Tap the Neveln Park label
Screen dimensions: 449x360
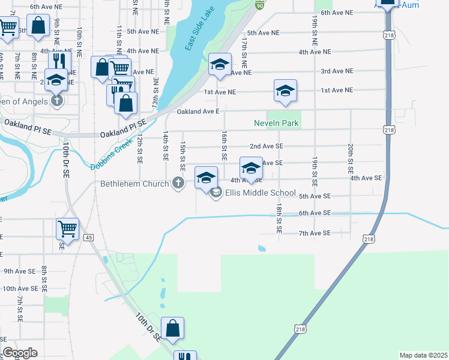[276, 123]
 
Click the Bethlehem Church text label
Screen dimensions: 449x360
[135, 183]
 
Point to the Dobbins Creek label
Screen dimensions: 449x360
[110, 157]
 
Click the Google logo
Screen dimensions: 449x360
[20, 352]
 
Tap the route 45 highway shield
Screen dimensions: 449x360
[89, 238]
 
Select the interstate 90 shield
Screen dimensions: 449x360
[259, 5]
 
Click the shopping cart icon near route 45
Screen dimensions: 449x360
[67, 228]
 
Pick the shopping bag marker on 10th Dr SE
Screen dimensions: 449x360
[172, 328]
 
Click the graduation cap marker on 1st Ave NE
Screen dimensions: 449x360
[285, 91]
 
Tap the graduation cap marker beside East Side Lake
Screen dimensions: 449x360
[220, 65]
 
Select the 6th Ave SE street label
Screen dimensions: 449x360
[315, 213]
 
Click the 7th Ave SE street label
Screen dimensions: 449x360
[315, 233]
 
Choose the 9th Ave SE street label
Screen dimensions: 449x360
[21, 271]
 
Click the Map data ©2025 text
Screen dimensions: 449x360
[423, 355]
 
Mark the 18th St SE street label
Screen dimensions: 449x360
[279, 217]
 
